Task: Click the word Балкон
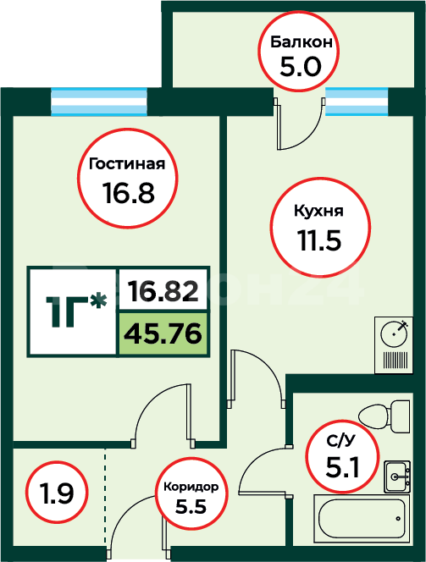302,42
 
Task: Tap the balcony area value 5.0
301,67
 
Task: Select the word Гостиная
127,164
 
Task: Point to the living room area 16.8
129,192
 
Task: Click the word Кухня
318,211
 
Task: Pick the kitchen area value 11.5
319,240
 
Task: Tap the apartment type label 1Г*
76,311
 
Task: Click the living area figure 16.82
163,290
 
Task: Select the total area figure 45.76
163,333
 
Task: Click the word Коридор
191,487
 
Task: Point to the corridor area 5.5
191,507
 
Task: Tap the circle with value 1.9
57,493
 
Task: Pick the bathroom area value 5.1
342,466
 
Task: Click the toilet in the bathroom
384,416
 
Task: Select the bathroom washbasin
397,477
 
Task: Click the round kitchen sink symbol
394,333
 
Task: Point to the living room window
99,102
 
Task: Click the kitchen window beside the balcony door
357,102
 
